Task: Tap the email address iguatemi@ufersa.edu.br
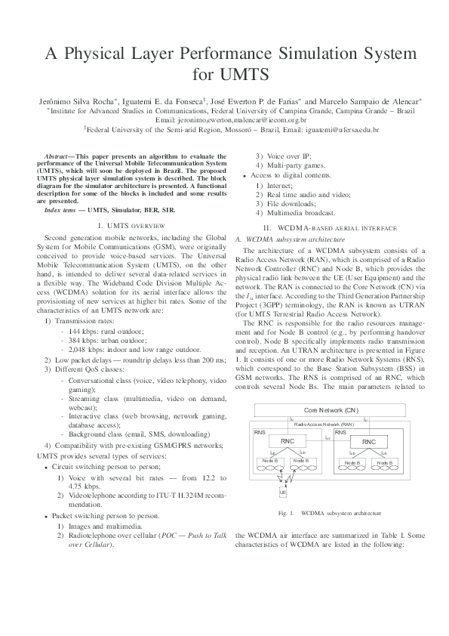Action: [342, 129]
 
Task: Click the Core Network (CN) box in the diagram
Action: [331, 410]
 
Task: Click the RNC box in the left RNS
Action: [288, 440]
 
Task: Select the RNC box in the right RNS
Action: [368, 442]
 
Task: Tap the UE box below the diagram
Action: [282, 492]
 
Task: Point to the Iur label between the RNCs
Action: [327, 437]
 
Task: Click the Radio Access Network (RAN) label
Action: [330, 425]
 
